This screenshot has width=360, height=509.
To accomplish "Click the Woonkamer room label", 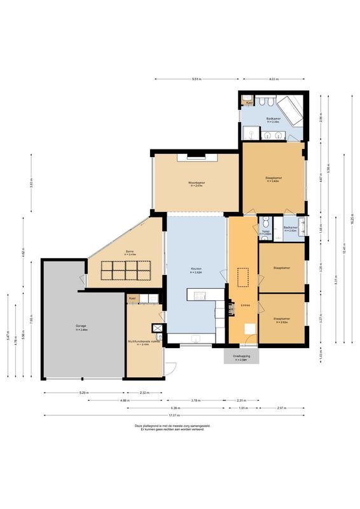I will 197,183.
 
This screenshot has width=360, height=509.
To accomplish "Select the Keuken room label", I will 196,270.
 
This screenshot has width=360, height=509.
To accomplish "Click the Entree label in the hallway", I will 245,305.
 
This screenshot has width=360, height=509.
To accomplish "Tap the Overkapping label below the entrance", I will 240,356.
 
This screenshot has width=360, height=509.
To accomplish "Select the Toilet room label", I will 265,232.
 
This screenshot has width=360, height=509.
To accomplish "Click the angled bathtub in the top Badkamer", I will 291,110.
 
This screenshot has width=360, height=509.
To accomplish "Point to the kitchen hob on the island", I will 198,295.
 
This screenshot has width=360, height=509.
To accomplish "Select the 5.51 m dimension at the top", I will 197,80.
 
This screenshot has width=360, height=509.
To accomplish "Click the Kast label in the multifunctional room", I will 132,298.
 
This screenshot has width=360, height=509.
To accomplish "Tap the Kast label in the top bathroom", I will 249,102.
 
